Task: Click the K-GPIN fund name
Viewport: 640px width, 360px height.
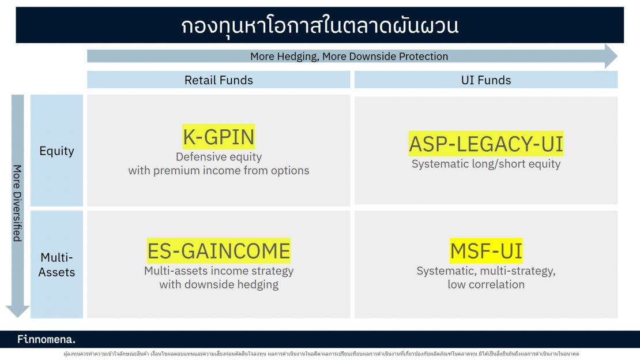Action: click(x=219, y=137)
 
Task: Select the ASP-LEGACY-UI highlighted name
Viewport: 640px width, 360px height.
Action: click(x=485, y=144)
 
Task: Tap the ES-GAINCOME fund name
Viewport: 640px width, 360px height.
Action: click(x=219, y=251)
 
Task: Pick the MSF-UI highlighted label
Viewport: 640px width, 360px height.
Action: click(x=486, y=251)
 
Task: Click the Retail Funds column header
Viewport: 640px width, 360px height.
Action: click(x=219, y=80)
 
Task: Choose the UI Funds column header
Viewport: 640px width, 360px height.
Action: click(x=485, y=80)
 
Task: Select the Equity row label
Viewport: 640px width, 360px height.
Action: click(x=57, y=151)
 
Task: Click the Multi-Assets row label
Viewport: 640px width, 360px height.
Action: click(x=57, y=264)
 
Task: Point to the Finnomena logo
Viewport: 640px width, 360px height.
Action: click(x=47, y=339)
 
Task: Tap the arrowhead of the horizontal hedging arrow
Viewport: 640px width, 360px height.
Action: click(x=611, y=57)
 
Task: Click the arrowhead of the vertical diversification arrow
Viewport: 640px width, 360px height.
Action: click(x=18, y=310)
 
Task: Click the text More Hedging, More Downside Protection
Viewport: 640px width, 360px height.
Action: click(x=349, y=57)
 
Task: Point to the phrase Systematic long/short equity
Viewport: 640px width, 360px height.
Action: click(x=485, y=164)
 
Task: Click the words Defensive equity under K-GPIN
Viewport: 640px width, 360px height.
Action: click(x=219, y=157)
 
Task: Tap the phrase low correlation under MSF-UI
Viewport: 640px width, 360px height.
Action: click(x=485, y=284)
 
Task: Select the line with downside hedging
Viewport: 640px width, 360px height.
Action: click(x=219, y=284)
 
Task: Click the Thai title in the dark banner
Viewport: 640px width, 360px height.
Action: click(x=319, y=26)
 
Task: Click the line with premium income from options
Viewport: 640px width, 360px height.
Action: click(x=219, y=171)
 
